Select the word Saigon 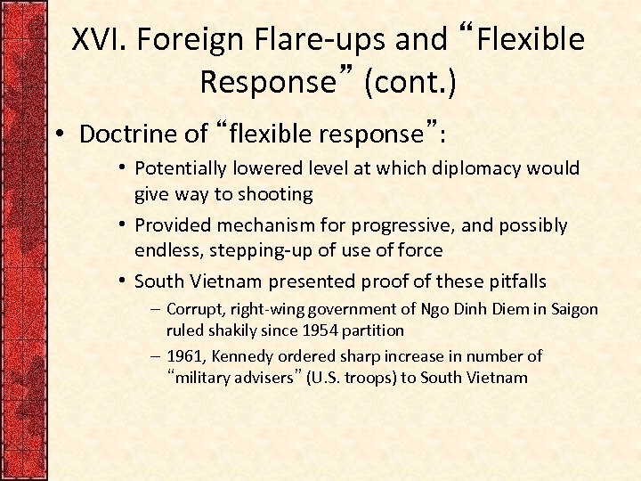pos(573,309)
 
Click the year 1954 pos(329,330)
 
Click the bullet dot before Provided pos(121,226)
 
